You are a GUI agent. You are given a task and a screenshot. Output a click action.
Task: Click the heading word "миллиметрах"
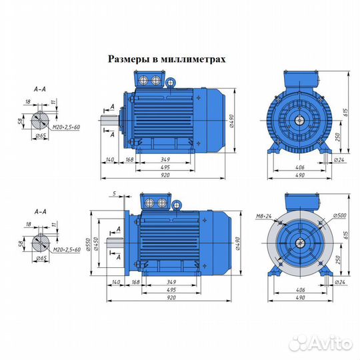pos(193,59)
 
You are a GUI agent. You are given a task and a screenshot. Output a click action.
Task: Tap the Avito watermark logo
pos(321,343)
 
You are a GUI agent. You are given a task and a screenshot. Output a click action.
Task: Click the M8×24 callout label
pos(264,216)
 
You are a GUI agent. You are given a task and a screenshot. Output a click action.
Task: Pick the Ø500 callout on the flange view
pos(339,215)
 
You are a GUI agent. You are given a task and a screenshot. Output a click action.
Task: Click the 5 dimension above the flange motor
pos(115,193)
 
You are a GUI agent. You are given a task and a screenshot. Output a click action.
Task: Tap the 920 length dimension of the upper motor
pos(165,175)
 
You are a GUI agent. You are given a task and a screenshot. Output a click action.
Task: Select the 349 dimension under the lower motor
pos(171,282)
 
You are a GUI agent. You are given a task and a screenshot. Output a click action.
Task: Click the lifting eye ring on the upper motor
pos(170,83)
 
